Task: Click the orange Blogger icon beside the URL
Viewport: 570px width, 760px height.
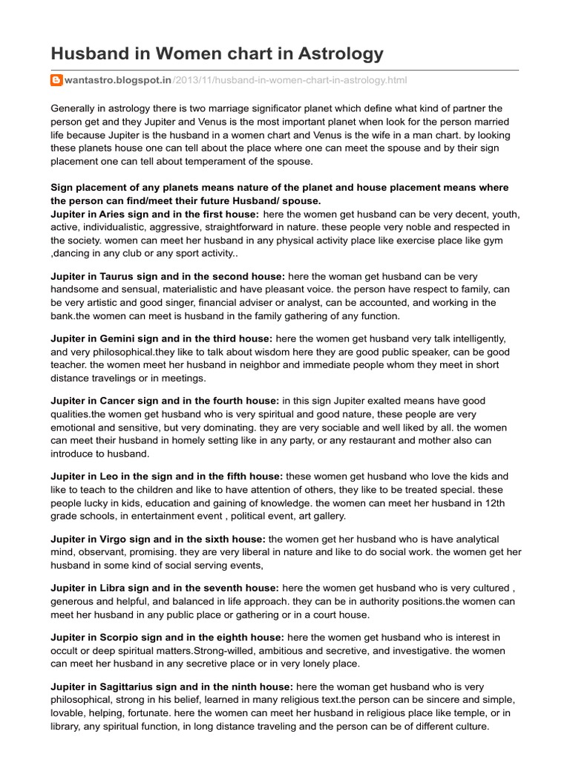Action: point(56,80)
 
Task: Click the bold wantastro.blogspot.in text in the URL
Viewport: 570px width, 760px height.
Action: point(110,80)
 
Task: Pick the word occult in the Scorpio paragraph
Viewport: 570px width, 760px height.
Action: point(68,651)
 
